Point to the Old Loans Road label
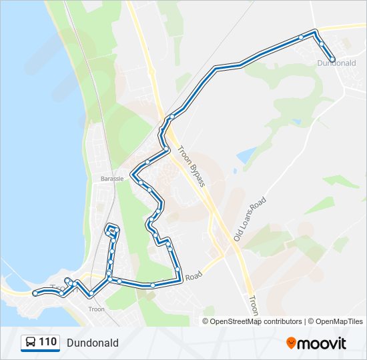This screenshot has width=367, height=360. [250, 219]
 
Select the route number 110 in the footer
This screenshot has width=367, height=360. [47, 342]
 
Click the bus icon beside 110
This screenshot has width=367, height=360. [30, 343]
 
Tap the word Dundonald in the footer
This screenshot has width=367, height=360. [92, 343]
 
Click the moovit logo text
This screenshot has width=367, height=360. [322, 343]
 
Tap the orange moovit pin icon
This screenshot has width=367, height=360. [291, 343]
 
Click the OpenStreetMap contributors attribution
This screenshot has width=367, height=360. [256, 321]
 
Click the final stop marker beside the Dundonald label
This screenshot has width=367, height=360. [332, 59]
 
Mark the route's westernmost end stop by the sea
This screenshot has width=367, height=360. [35, 293]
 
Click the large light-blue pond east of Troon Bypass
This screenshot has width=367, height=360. [245, 155]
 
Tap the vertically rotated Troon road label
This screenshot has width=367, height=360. [252, 305]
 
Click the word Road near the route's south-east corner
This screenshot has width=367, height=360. [194, 275]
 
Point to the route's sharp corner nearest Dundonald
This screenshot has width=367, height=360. [314, 32]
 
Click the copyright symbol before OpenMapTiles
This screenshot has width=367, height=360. [310, 321]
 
